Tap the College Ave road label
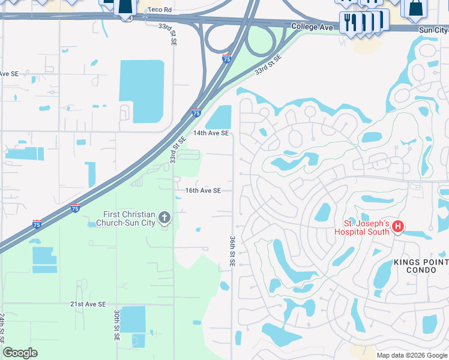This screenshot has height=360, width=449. coord(312,27)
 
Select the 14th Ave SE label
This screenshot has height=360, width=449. coord(211,133)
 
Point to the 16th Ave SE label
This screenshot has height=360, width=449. coord(203,190)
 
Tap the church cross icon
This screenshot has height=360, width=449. coord(165,218)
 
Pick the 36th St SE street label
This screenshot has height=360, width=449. coord(232,251)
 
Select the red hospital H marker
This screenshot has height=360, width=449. coord(399,226)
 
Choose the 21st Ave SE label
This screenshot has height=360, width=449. coord(88,304)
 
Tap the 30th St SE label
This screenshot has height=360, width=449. coord(117,326)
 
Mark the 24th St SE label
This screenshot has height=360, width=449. coord(3,330)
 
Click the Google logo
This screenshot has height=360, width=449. coord(20,353)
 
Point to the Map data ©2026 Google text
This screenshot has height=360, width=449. coord(411,355)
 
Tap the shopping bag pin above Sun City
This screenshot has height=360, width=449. coord(415,8)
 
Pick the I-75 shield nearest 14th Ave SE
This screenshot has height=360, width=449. coord(196,112)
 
